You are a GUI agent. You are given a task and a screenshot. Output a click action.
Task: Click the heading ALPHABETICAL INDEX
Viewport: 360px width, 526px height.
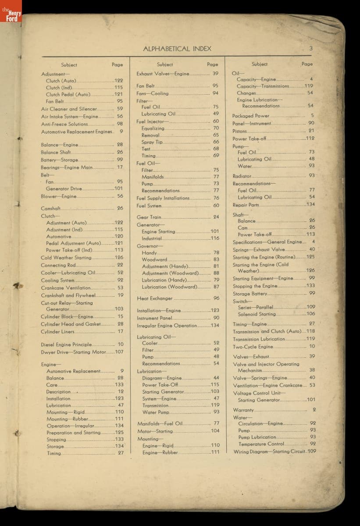(x=177, y=49)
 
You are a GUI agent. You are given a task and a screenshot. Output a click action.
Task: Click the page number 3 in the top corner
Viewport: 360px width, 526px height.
(x=310, y=48)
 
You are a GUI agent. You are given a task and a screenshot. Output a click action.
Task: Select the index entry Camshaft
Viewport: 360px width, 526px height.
(x=51, y=208)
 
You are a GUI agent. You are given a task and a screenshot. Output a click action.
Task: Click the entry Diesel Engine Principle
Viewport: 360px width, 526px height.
(x=66, y=345)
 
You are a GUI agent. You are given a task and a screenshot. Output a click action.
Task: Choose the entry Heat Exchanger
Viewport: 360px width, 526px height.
(x=155, y=299)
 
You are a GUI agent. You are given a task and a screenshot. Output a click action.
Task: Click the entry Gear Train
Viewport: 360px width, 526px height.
(x=149, y=217)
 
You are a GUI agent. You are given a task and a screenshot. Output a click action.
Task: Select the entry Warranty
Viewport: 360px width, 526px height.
(x=243, y=410)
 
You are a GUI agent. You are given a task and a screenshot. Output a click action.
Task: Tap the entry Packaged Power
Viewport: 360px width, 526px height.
(x=251, y=116)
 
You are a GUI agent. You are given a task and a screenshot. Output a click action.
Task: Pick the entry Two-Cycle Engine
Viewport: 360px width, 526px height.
(x=253, y=347)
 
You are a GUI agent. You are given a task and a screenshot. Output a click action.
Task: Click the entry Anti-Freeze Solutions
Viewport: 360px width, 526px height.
(x=64, y=124)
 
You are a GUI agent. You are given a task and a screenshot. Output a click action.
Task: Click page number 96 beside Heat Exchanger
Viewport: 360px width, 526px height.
(x=216, y=298)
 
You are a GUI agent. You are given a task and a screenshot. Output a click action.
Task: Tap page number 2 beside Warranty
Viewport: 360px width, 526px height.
(x=314, y=409)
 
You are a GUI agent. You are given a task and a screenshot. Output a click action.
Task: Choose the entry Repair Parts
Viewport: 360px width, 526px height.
(x=246, y=205)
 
